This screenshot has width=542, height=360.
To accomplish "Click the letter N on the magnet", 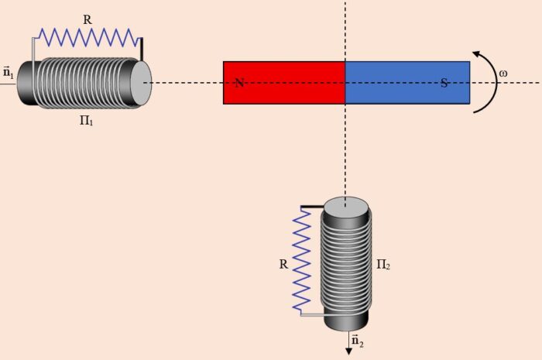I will pos(240,83).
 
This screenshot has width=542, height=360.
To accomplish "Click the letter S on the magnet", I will pos(444,83).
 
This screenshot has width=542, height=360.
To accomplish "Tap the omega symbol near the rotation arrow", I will pos(503,74).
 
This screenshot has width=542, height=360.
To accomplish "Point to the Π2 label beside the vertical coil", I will pos(382,265).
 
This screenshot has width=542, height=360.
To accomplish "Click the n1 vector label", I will pos(9,72).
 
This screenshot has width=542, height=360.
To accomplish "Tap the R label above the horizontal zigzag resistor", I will pos(87,19).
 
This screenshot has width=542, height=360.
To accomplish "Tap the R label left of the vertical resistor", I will pos(283,264).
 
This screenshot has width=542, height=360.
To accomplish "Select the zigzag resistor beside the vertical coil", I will pos(302,259).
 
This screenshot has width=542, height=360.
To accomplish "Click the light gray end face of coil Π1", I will pos(141,82).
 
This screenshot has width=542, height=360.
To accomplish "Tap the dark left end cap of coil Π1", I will pos(26,83).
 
